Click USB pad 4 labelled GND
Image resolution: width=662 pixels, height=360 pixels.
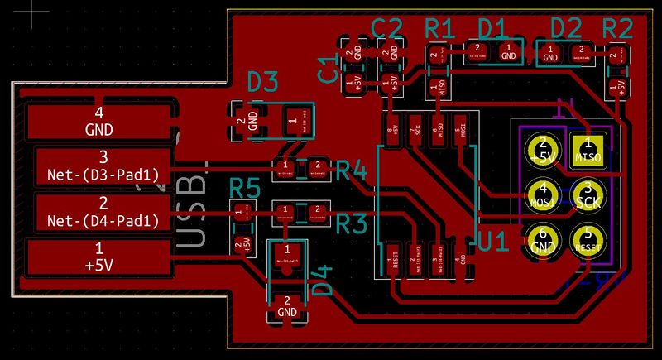coord(99,121)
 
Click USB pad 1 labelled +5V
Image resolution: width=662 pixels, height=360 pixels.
coord(99,257)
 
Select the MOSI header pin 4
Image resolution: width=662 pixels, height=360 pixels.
coord(544,194)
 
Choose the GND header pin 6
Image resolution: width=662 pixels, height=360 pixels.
coord(544,239)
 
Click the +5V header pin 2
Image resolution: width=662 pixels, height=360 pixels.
coord(544,150)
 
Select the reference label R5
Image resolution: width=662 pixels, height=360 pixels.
coord(244,188)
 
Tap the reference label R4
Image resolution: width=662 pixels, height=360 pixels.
coord(351,171)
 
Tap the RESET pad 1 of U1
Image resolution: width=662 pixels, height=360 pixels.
coord(394,264)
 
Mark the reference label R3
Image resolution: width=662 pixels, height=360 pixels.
coord(351,223)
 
